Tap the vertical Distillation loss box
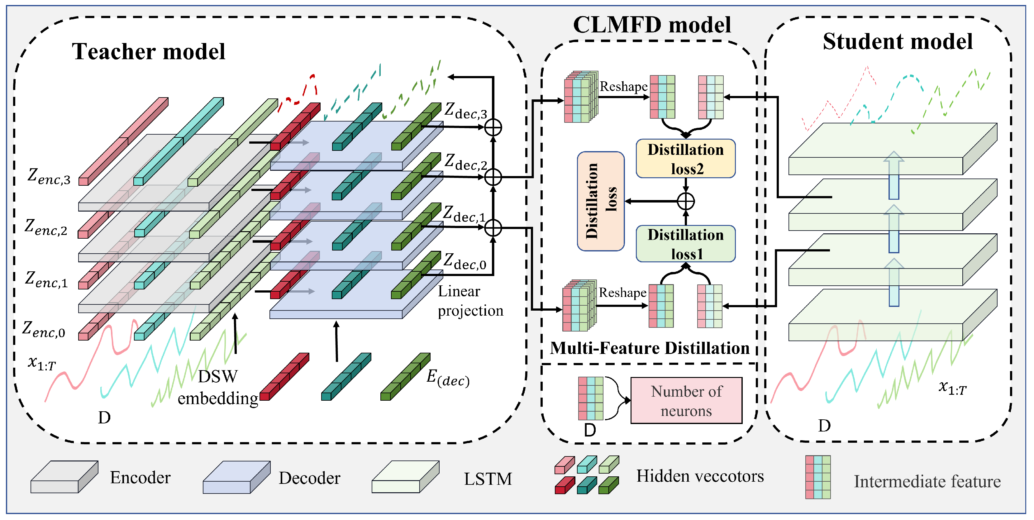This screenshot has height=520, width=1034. tap(600, 201)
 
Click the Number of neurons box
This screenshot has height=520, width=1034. tap(686, 400)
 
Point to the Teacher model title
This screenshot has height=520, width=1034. tap(149, 51)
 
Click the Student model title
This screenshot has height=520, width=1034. tap(898, 41)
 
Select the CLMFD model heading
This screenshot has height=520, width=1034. tap(652, 25)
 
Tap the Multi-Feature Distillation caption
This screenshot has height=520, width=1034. tap(650, 348)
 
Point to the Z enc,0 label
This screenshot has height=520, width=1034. tap(44, 330)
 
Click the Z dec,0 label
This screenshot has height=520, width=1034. tap(465, 261)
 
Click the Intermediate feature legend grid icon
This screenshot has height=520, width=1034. tap(818, 477)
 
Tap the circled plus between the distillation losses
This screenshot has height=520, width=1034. tap(686, 202)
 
